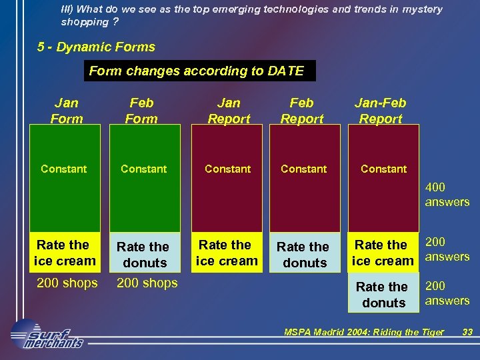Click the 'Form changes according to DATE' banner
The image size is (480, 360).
tap(199, 71)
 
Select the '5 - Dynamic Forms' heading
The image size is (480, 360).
tap(97, 47)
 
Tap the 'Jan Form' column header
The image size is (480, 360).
tap(66, 111)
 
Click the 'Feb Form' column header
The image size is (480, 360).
tap(141, 111)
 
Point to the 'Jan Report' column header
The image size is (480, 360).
tap(229, 111)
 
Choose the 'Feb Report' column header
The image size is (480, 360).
tap(301, 111)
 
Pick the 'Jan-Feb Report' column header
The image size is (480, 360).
tap(380, 111)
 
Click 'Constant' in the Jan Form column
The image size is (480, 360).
tap(63, 169)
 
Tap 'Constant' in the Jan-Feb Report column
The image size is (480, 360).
tap(383, 169)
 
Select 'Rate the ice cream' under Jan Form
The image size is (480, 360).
tap(65, 253)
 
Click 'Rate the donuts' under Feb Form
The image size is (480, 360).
tap(145, 255)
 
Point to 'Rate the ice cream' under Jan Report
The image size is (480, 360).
tap(226, 253)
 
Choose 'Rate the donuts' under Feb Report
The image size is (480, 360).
tap(304, 255)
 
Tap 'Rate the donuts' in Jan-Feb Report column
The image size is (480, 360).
tap(383, 295)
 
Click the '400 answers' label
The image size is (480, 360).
tap(447, 195)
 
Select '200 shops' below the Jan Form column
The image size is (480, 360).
tap(67, 283)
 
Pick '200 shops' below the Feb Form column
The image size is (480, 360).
tap(147, 283)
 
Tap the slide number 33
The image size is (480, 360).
tap(467, 332)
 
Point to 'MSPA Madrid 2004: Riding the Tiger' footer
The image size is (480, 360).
tap(363, 332)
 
